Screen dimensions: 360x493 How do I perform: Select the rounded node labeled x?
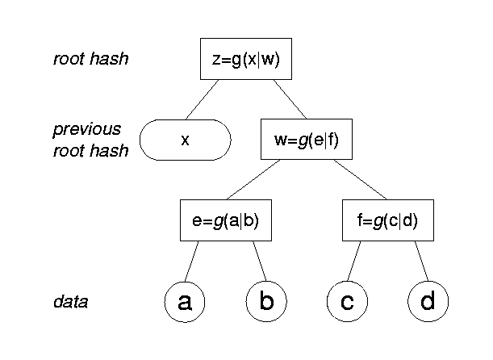(185, 140)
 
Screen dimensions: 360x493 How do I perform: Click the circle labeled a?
(184, 302)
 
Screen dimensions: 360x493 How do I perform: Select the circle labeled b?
(265, 302)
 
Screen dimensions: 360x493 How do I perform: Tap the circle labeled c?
(347, 302)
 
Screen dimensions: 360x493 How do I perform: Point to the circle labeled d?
(428, 302)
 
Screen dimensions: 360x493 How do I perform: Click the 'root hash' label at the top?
(90, 59)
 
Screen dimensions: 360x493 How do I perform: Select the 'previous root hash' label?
(90, 140)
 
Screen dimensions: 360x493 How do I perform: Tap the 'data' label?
(70, 302)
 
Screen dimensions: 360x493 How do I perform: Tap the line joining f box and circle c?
(355, 261)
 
